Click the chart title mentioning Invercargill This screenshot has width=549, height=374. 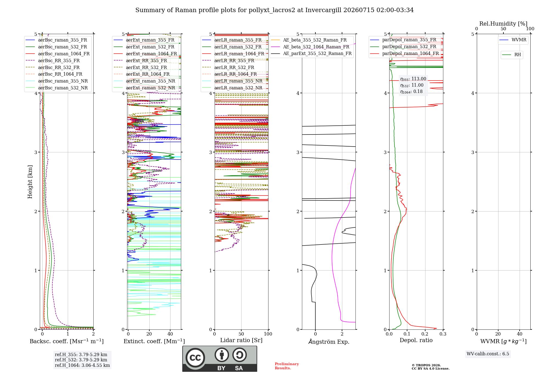coord(274,10)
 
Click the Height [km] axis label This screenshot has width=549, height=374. coord(30,182)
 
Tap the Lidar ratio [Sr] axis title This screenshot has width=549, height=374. coord(241,340)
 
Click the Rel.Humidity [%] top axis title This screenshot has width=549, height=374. coord(503,24)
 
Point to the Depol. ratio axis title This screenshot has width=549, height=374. coord(416,340)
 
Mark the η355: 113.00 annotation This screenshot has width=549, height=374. coord(413,79)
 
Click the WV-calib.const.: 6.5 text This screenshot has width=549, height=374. coord(488,354)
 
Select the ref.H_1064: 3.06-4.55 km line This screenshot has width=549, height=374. coord(82,365)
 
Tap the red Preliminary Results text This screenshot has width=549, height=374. coord(287,366)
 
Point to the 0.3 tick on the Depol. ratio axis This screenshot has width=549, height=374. coord(443,334)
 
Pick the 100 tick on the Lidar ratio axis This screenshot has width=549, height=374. coord(268,334)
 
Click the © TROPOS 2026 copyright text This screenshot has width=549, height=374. coord(426,365)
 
